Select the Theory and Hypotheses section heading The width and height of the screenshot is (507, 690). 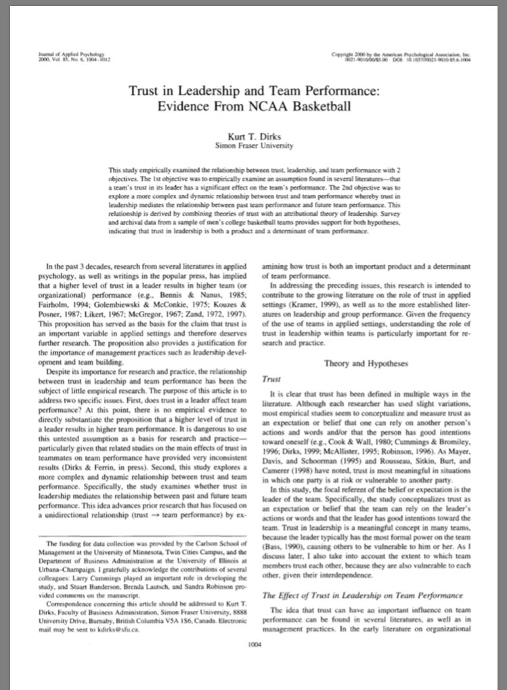click(x=366, y=363)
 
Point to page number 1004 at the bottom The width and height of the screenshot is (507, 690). click(x=255, y=644)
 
